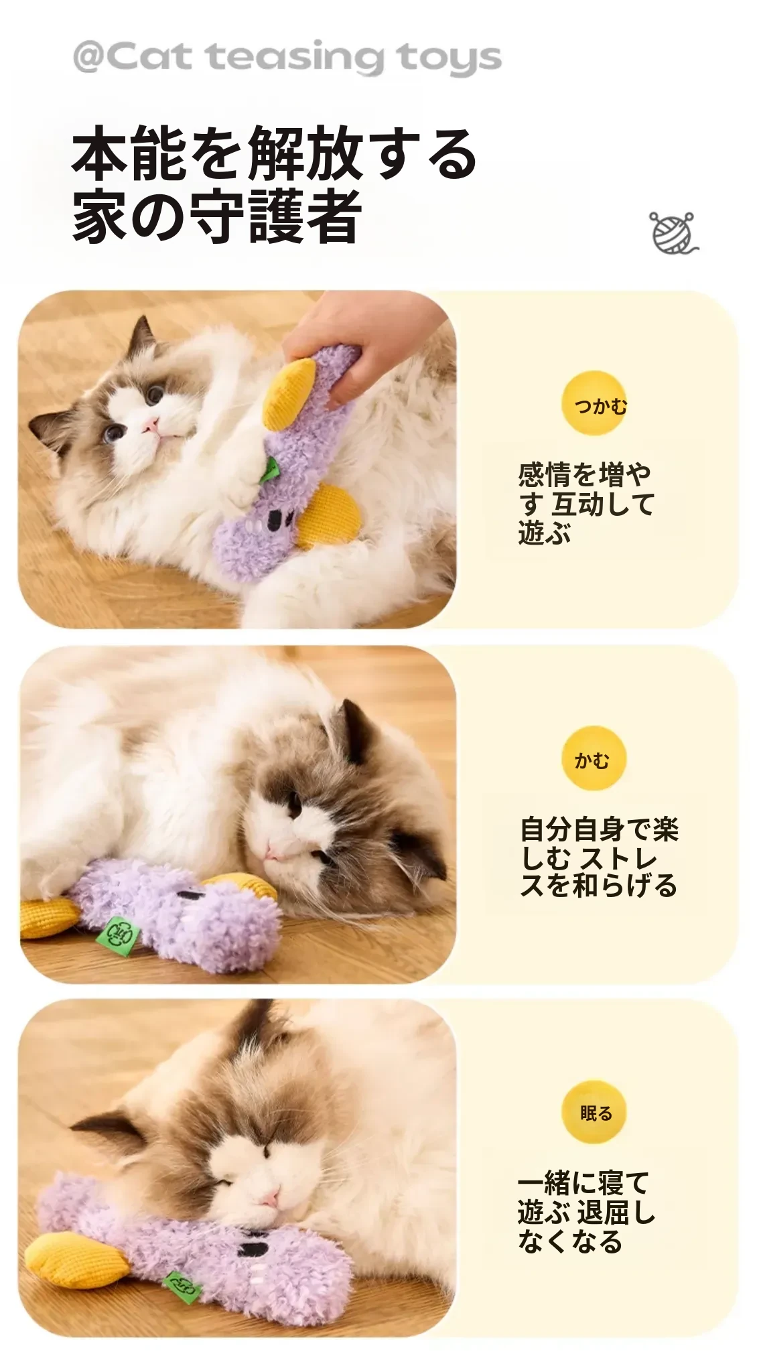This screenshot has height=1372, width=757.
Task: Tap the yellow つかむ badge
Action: click(x=594, y=403)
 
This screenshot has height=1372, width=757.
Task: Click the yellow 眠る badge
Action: click(x=594, y=1113)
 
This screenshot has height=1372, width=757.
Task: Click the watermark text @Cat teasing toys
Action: click(x=287, y=58)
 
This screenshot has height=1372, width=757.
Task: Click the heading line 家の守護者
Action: click(x=217, y=216)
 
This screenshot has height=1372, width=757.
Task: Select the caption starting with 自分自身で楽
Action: click(x=599, y=857)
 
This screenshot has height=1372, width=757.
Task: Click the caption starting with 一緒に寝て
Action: click(x=586, y=1212)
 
